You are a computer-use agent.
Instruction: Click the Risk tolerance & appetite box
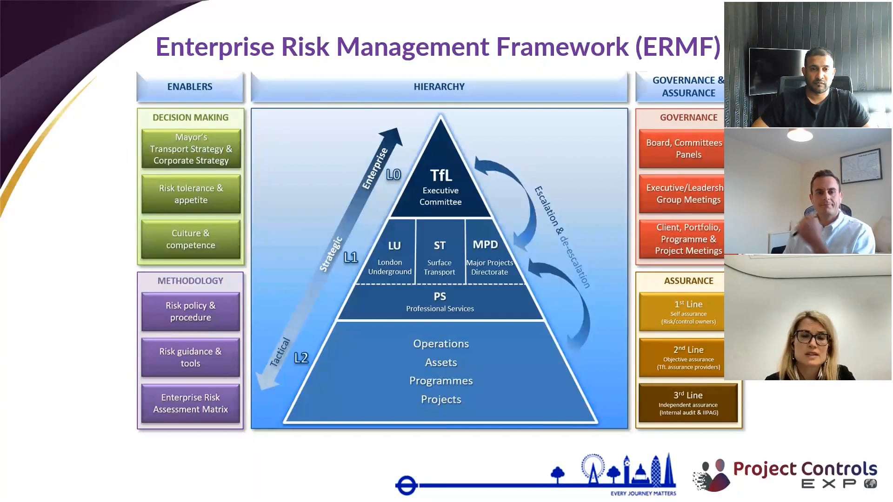pyautogui.click(x=191, y=194)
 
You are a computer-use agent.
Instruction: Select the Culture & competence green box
pyautogui.click(x=191, y=239)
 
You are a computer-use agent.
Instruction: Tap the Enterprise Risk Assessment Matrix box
pyautogui.click(x=191, y=403)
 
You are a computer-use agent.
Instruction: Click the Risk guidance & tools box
pyautogui.click(x=191, y=357)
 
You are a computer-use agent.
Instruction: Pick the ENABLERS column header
pyautogui.click(x=190, y=86)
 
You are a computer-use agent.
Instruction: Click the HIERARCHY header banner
pyautogui.click(x=439, y=86)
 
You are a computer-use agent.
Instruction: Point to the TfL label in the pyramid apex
pyautogui.click(x=440, y=175)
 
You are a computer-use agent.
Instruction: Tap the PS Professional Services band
pyautogui.click(x=440, y=302)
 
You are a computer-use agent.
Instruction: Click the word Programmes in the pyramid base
pyautogui.click(x=441, y=381)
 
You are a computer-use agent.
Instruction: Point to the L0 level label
pyautogui.click(x=393, y=175)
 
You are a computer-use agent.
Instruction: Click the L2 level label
pyautogui.click(x=301, y=358)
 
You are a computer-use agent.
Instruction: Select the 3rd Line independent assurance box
pyautogui.click(x=688, y=403)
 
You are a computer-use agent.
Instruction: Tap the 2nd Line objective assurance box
pyautogui.click(x=688, y=357)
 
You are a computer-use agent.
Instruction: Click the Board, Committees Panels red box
pyautogui.click(x=684, y=148)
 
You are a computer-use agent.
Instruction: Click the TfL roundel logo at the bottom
pyautogui.click(x=407, y=485)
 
